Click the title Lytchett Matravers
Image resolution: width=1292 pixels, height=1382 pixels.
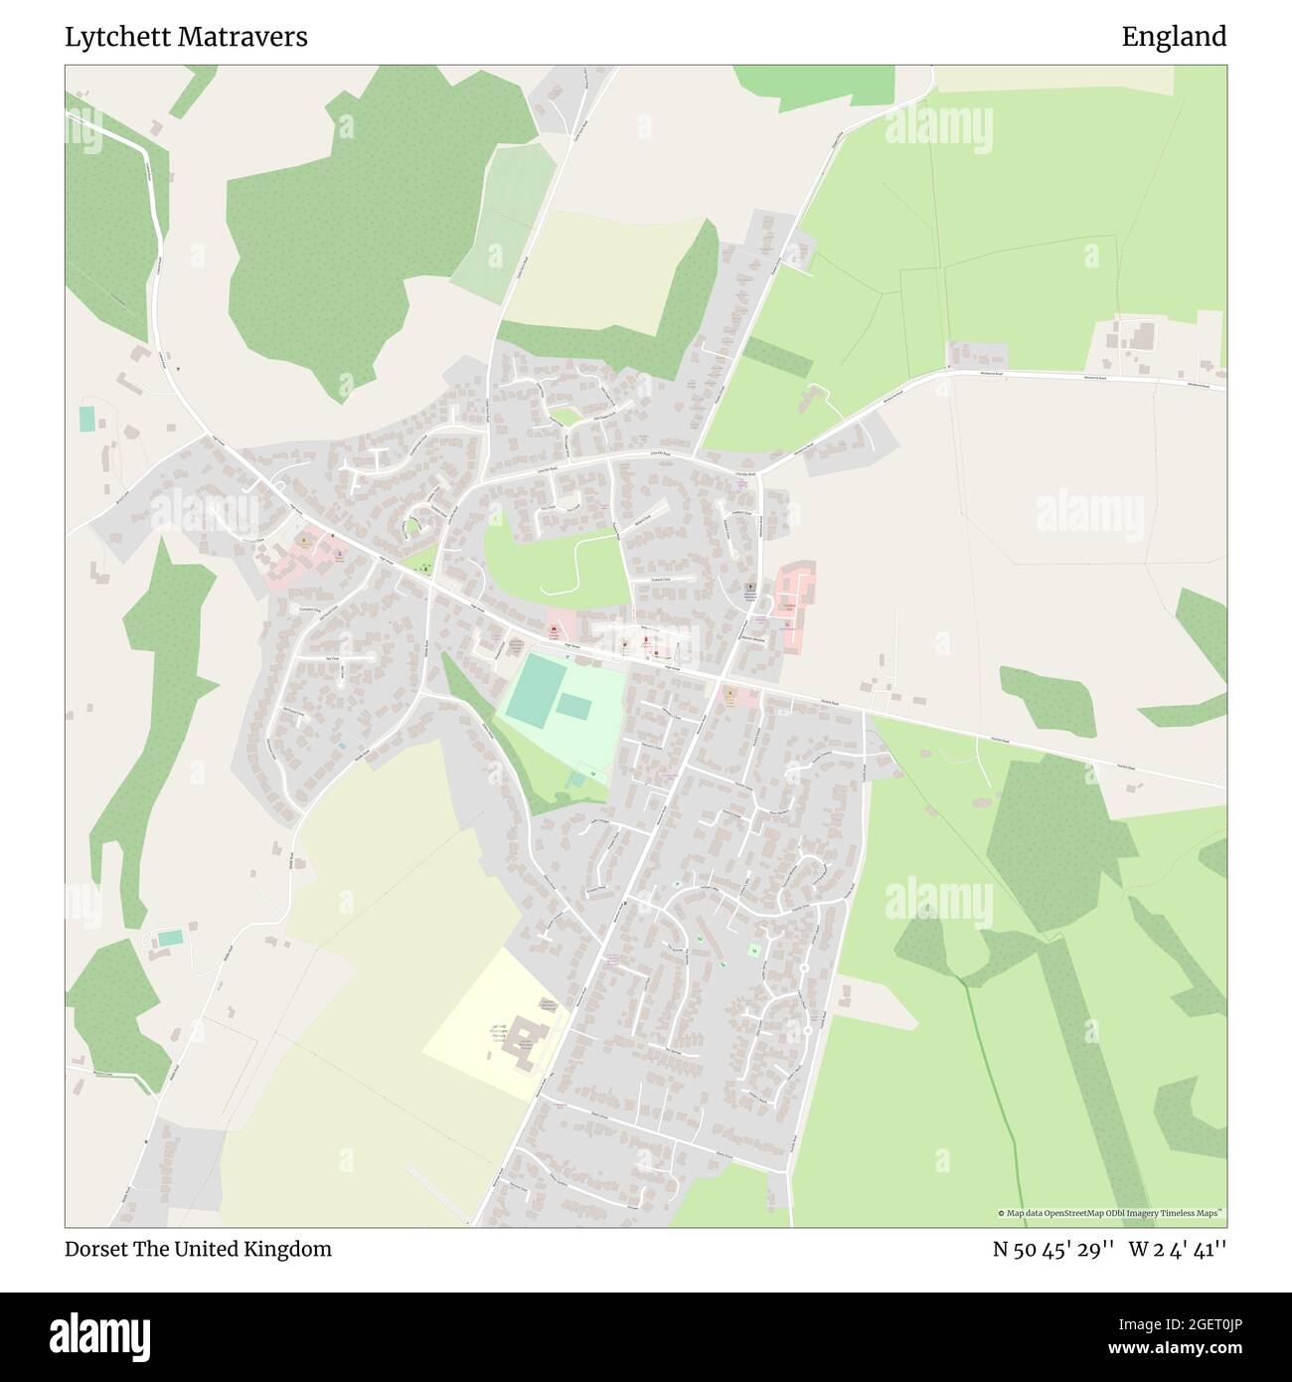tap(186, 38)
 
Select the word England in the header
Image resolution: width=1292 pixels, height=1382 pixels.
tap(1174, 38)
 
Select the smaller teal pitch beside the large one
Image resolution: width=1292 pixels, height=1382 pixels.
tap(572, 706)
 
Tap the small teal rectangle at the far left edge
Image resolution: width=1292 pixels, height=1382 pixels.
tap(86, 419)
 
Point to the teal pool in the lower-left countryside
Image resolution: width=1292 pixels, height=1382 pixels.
tap(171, 937)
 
